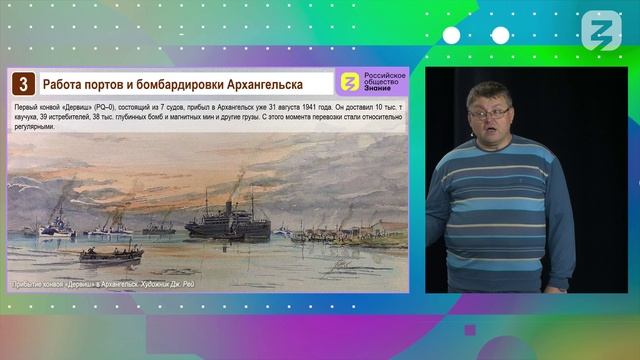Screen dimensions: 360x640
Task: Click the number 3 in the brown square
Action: [x=23, y=83]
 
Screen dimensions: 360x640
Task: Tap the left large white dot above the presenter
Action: [x=452, y=36]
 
